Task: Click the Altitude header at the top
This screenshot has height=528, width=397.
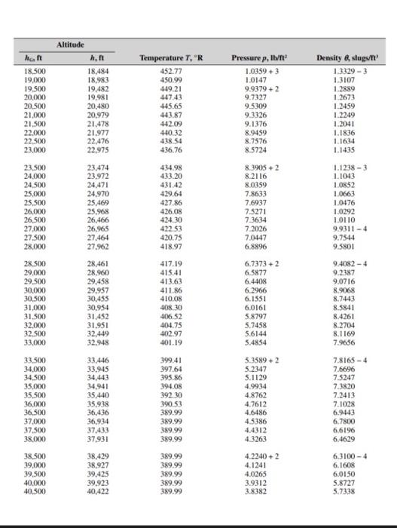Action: pos(72,45)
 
